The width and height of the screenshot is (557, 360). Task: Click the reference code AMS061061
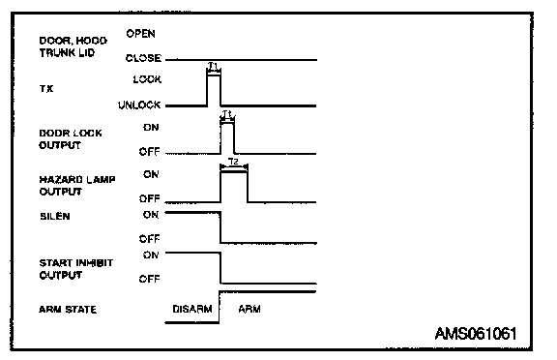pyautogui.click(x=476, y=334)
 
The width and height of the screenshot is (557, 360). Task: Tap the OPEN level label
pyautogui.click(x=140, y=34)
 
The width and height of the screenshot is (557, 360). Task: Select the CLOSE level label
pyautogui.click(x=143, y=58)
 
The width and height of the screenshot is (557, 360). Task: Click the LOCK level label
pyautogui.click(x=147, y=79)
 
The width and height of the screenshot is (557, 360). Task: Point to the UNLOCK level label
pyautogui.click(x=139, y=105)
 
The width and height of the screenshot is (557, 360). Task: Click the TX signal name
pyautogui.click(x=46, y=88)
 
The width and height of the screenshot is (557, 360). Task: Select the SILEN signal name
pyautogui.click(x=55, y=216)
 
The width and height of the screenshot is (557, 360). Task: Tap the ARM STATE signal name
pyautogui.click(x=68, y=310)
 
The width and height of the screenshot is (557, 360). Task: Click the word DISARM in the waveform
pyautogui.click(x=192, y=309)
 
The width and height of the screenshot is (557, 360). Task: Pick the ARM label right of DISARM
pyautogui.click(x=249, y=309)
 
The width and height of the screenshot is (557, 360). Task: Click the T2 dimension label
pyautogui.click(x=233, y=162)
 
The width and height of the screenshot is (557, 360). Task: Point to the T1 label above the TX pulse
pyautogui.click(x=213, y=66)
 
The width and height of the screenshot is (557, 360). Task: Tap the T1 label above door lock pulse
pyautogui.click(x=226, y=114)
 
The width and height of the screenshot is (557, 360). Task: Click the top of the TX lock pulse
pyautogui.click(x=214, y=75)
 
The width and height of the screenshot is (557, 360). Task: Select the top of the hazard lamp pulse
pyautogui.click(x=234, y=172)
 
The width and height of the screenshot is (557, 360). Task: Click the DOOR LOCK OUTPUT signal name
pyautogui.click(x=71, y=139)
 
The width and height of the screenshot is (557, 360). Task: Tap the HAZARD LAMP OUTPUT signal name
pyautogui.click(x=77, y=186)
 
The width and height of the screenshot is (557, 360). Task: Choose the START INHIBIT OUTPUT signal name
pyautogui.click(x=76, y=269)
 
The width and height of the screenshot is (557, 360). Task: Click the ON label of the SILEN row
pyautogui.click(x=151, y=215)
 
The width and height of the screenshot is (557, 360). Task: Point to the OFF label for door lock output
pyautogui.click(x=149, y=152)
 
